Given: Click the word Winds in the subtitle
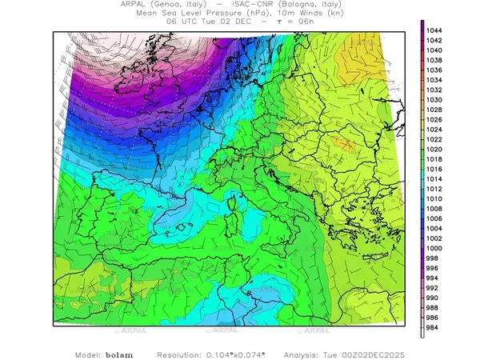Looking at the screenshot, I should (x=294, y=14).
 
